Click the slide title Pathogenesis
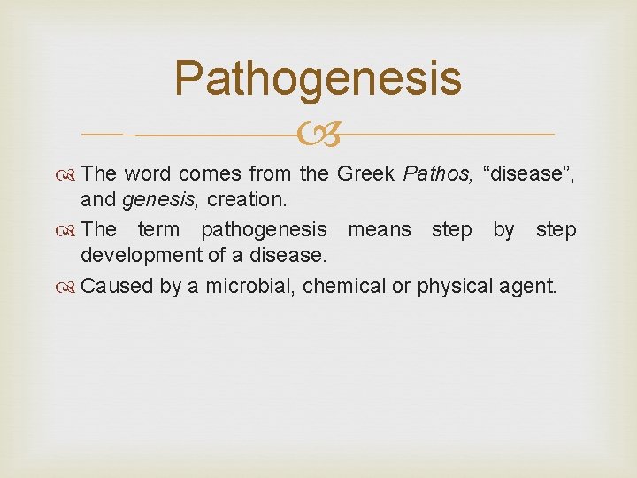[x=318, y=78]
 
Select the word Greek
[x=365, y=173]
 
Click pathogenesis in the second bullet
[x=263, y=230]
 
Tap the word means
[x=379, y=230]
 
